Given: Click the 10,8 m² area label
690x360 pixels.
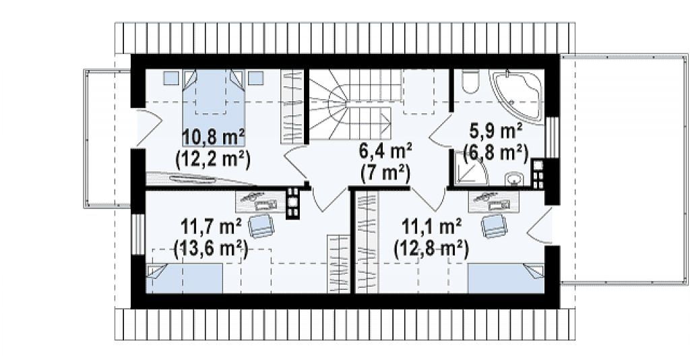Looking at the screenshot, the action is point(214,138).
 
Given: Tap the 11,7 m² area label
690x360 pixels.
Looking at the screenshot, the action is point(211,228).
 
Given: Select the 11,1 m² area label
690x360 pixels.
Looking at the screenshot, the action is point(431,227).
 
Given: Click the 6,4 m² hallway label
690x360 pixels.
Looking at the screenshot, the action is point(385,151).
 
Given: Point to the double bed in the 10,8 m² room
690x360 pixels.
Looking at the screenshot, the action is point(214,107).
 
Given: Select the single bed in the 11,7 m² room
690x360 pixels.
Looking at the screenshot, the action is point(184,278).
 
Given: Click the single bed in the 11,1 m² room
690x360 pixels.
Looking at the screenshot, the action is point(506,278).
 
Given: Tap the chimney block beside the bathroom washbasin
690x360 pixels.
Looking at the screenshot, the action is point(537,174).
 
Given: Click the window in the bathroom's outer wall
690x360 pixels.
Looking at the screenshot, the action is point(551,138).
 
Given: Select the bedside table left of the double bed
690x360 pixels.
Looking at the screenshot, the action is point(170,78).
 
